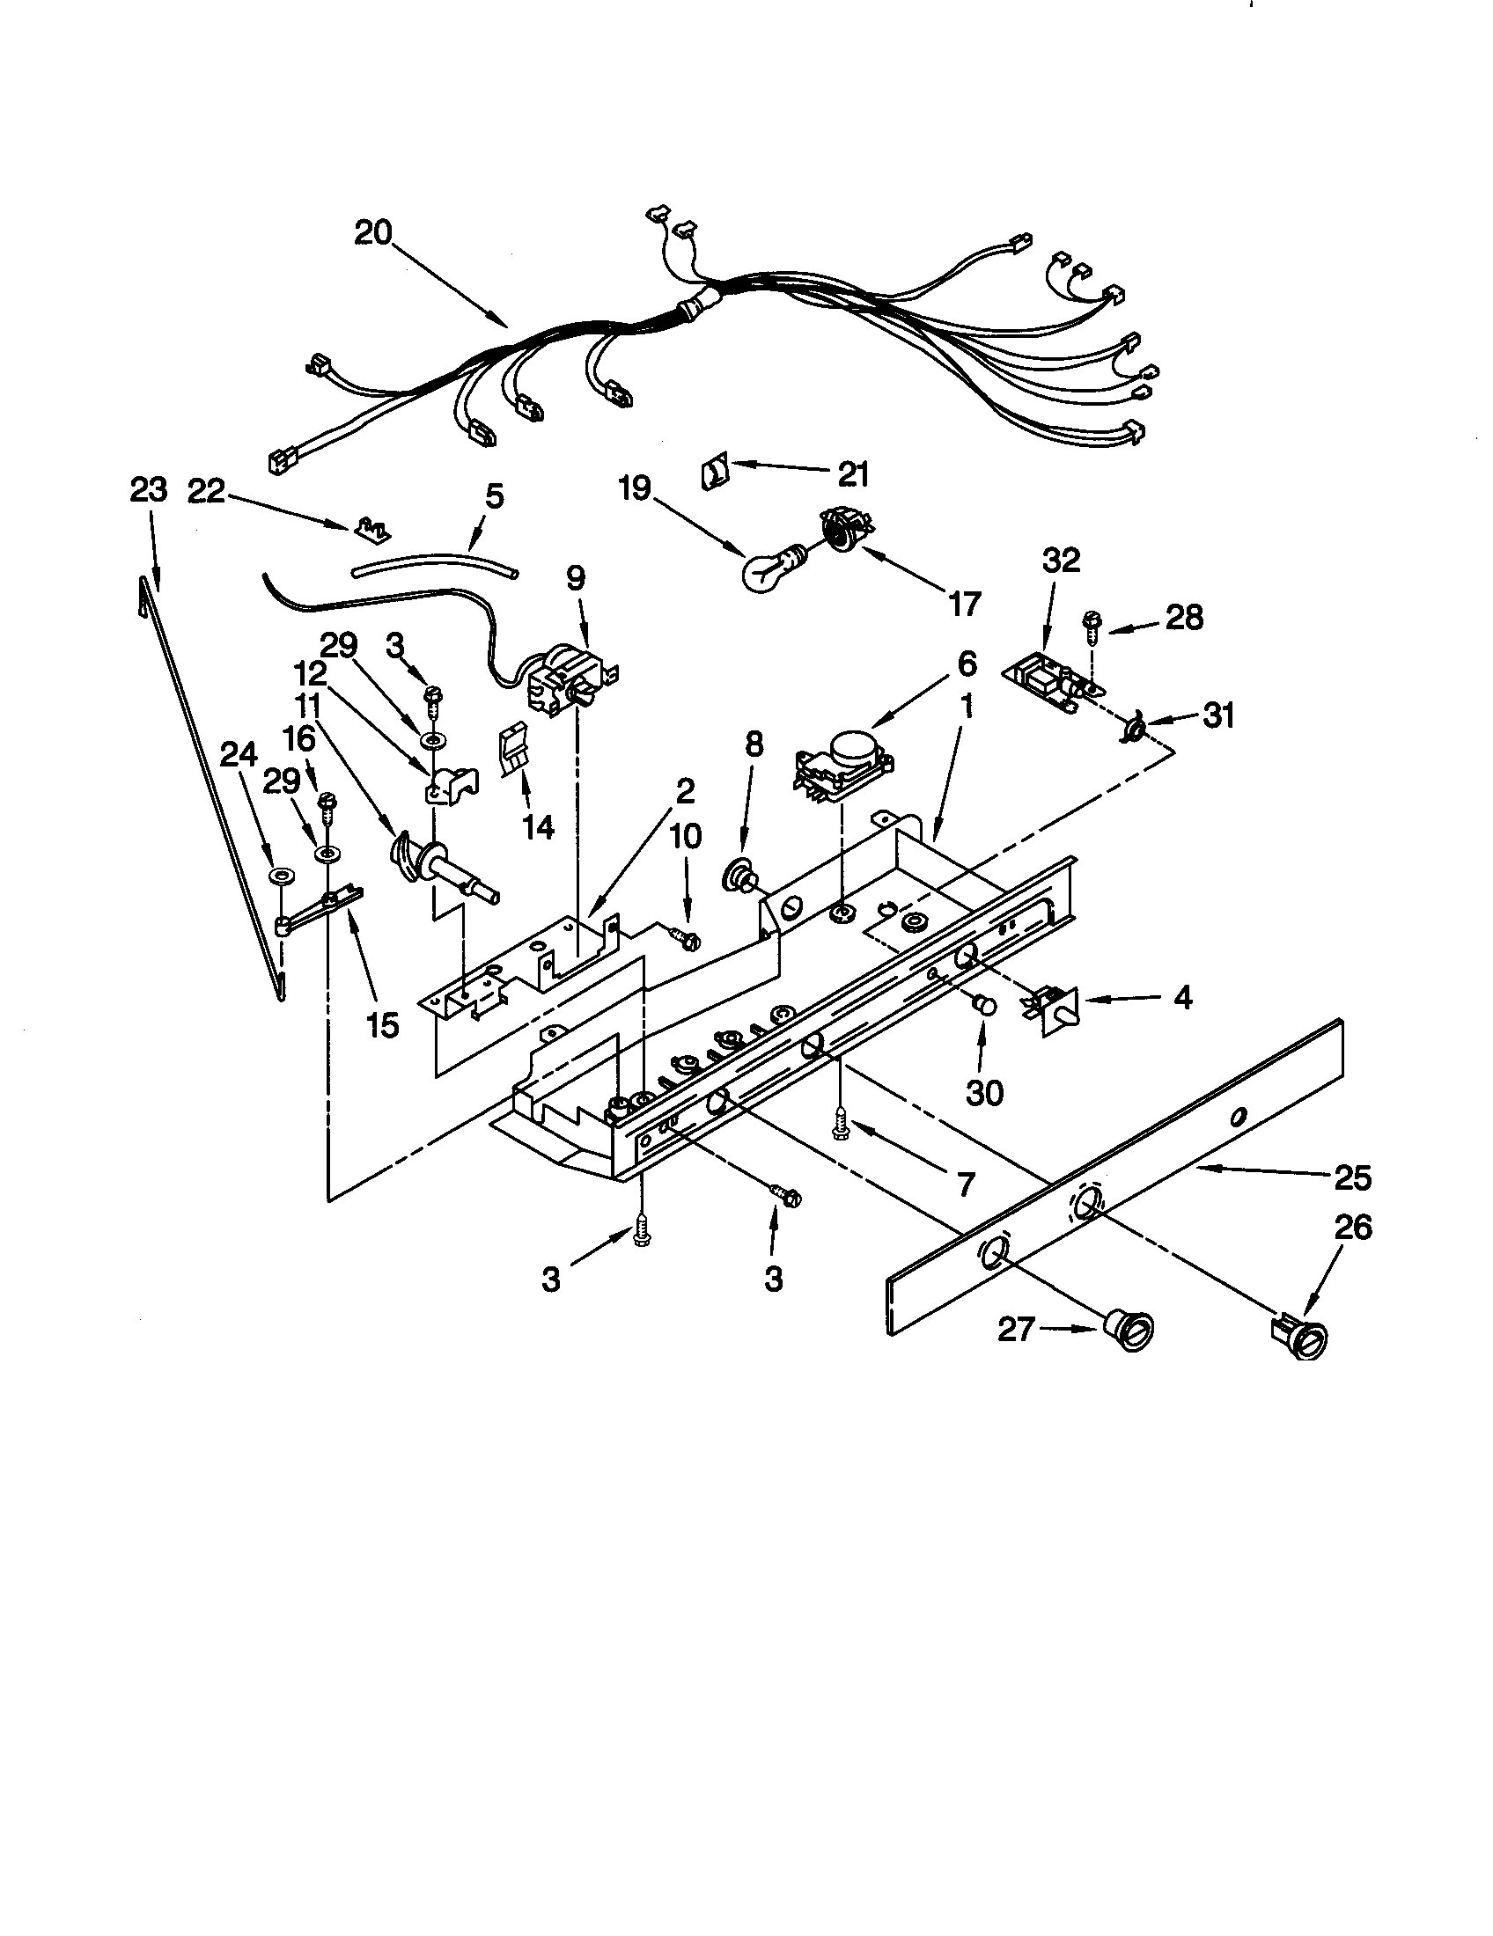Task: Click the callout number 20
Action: point(373,232)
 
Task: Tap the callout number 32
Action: point(1062,561)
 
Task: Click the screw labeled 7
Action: point(837,1125)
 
